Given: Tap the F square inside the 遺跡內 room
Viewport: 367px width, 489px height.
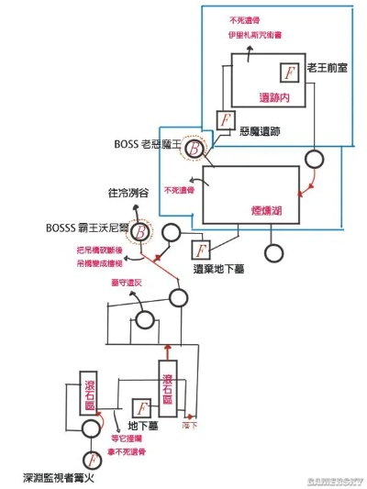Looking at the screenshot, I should (x=290, y=72).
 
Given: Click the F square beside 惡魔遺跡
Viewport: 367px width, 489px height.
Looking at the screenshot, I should (x=225, y=119).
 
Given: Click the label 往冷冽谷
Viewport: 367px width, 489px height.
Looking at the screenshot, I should (x=127, y=195).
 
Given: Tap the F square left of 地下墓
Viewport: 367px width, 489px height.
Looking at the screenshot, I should (x=142, y=407).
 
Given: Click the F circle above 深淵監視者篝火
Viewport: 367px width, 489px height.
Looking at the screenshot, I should (x=91, y=459).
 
